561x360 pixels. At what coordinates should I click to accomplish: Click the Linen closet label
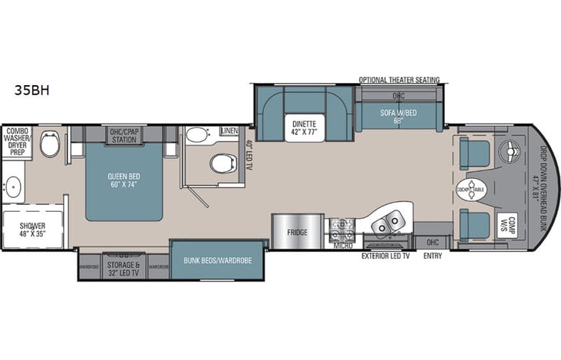click(x=230, y=133)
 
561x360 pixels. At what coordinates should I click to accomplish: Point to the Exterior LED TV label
click(x=385, y=255)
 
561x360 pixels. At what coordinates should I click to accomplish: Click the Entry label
click(x=431, y=255)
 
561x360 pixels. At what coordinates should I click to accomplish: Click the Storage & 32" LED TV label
click(x=124, y=269)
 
